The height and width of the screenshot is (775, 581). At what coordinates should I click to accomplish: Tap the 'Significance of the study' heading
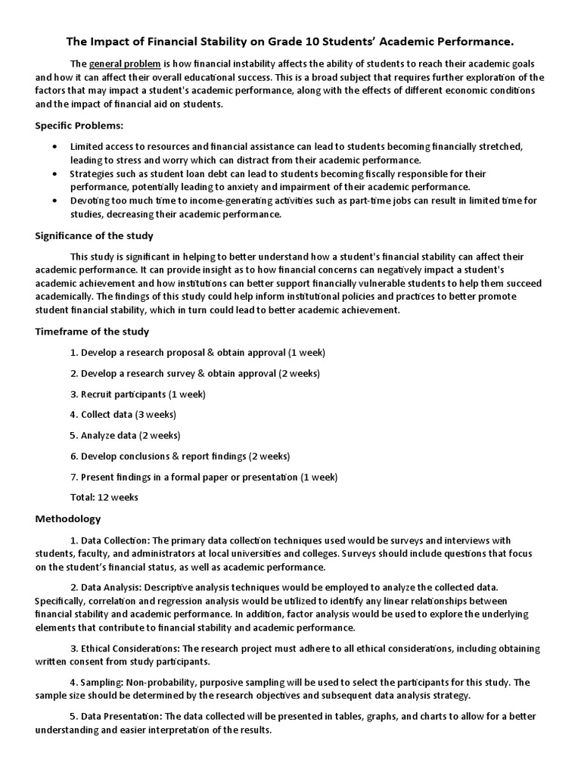click(x=95, y=236)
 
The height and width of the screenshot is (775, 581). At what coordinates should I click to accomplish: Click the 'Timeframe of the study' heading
click(x=92, y=331)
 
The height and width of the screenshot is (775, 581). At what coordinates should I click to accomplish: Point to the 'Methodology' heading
click(x=68, y=519)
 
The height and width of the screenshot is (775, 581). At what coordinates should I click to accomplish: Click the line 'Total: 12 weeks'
click(x=104, y=497)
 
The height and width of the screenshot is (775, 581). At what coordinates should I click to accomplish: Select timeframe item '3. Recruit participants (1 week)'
click(x=138, y=394)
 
